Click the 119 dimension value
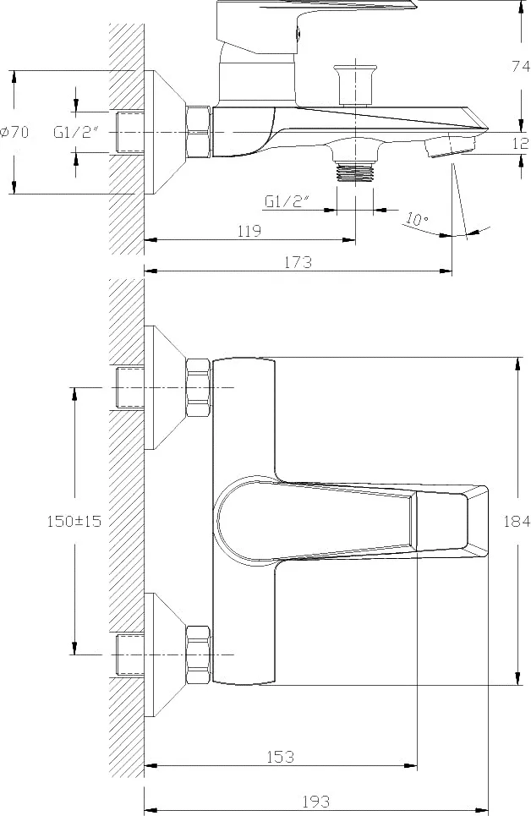[249, 231]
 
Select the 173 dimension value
[298, 262]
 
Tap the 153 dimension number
[281, 756]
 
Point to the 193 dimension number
[316, 801]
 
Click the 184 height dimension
[517, 520]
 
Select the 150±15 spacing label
[74, 521]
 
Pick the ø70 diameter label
[14, 132]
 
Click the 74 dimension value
[521, 66]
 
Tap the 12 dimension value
[521, 143]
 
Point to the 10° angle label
[417, 219]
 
